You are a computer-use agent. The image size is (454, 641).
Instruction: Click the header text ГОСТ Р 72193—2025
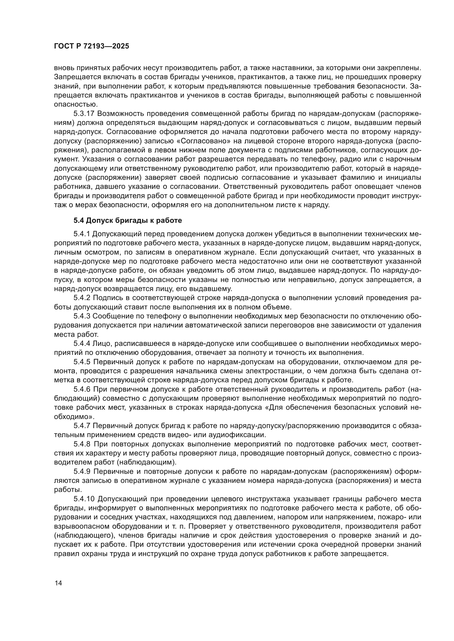91,46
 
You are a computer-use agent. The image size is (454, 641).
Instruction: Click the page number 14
58,583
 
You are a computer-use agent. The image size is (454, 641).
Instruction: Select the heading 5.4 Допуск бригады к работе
127,221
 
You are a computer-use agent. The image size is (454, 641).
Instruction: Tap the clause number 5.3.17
84,114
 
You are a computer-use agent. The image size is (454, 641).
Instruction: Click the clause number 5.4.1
82,234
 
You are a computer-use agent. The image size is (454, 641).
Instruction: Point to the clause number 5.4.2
82,298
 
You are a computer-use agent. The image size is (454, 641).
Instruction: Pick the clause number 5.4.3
82,316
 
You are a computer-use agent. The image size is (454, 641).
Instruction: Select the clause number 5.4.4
82,343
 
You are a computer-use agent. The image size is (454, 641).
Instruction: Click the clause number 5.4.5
82,362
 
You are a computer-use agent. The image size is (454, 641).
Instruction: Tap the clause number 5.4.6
82,389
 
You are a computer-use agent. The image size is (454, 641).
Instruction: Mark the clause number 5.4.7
82,426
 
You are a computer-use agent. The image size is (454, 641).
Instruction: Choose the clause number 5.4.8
82,444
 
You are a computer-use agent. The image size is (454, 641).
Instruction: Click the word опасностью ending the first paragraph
75,105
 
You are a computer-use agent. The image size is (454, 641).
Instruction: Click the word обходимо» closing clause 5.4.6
74,417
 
